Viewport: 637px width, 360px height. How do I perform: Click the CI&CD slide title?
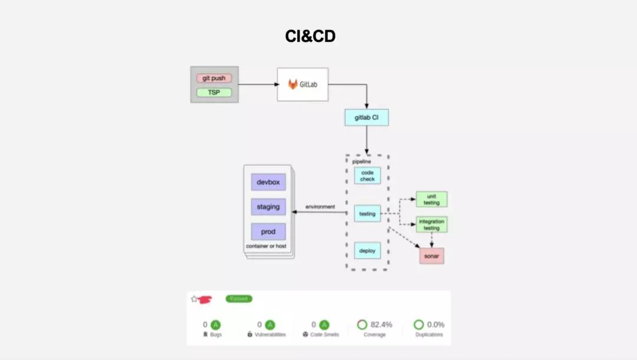coord(310,37)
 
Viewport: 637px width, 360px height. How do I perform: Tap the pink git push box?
coord(214,78)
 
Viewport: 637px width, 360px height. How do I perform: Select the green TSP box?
coord(214,93)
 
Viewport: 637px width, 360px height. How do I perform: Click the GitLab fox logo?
coord(293,84)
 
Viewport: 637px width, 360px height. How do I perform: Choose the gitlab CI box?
coord(366,117)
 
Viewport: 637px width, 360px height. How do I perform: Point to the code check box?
coord(367,175)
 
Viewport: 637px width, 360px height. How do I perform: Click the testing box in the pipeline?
coord(367,214)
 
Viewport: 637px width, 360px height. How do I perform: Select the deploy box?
coord(367,251)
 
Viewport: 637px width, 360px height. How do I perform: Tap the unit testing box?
coord(432,199)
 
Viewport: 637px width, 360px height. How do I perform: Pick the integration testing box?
coord(432,224)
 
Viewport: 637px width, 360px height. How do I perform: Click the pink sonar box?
coord(432,256)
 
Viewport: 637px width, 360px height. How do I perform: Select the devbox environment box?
coord(268,182)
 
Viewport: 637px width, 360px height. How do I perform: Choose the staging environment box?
coord(268,207)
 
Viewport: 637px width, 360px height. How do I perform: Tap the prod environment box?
coord(268,232)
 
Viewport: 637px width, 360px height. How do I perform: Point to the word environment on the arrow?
coord(320,207)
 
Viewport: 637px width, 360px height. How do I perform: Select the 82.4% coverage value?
coord(381,325)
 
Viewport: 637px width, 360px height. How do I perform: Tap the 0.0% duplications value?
coord(436,325)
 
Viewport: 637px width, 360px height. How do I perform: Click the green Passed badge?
coord(239,299)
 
